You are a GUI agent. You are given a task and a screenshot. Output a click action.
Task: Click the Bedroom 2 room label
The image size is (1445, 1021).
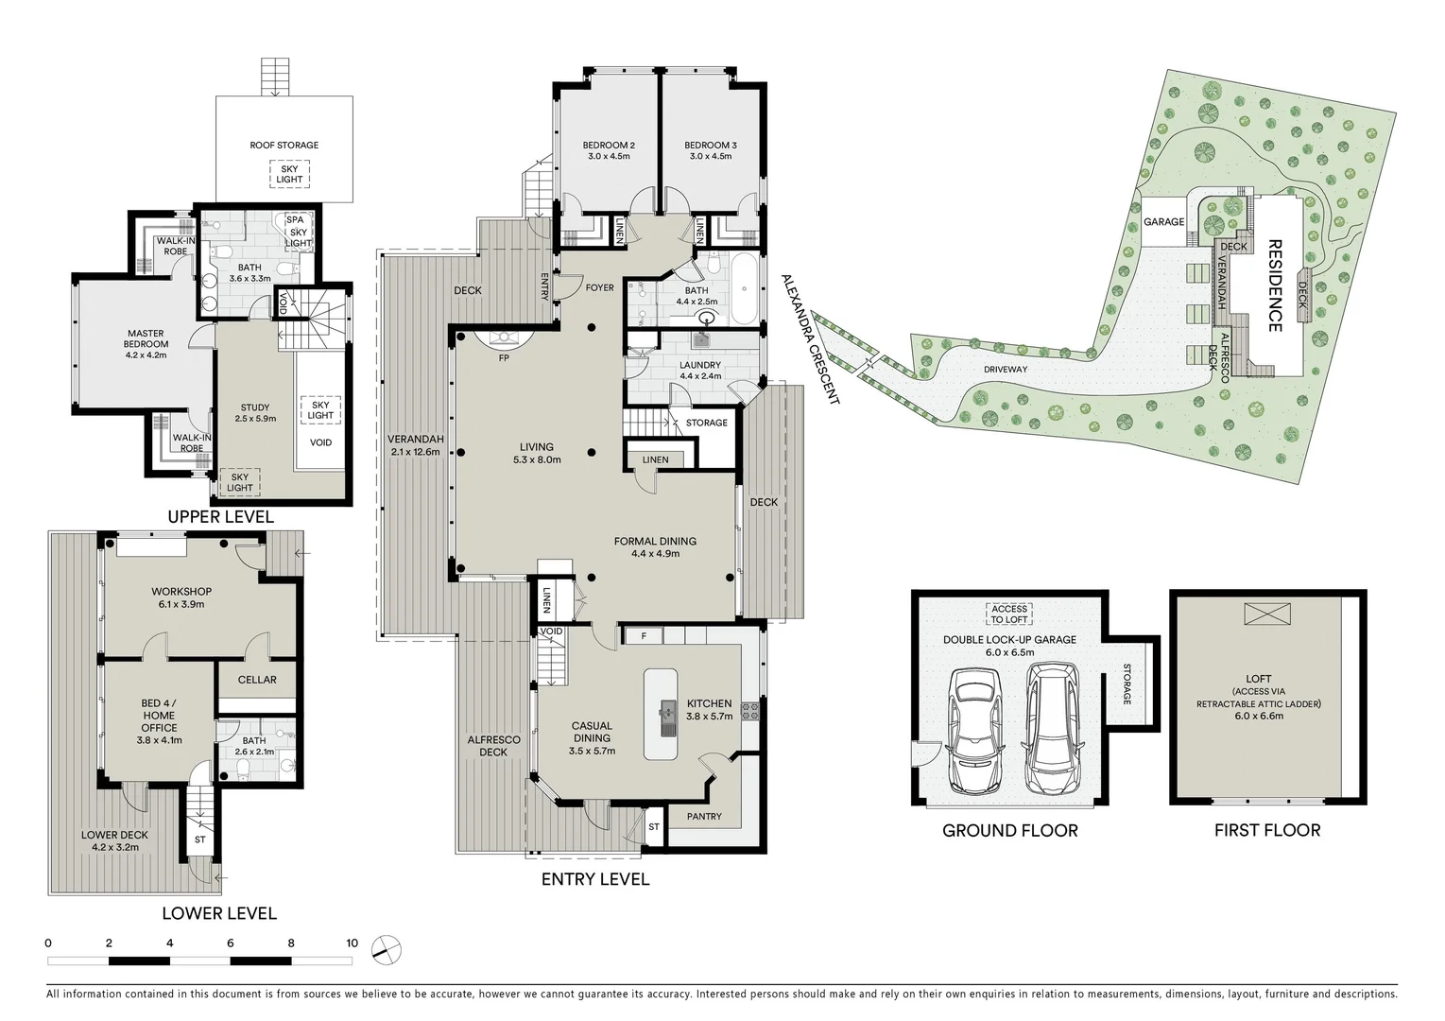point(609,146)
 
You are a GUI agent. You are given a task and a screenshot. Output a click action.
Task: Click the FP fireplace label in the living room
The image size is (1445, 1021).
point(504,358)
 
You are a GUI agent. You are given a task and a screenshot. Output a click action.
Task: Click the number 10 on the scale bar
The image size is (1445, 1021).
point(352,943)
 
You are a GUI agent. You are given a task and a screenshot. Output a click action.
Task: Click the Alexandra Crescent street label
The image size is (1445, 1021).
point(810,340)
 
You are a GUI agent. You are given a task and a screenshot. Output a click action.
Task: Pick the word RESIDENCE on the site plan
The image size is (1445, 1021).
point(1274,285)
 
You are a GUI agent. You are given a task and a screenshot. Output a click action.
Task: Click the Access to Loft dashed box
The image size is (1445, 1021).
point(1009,614)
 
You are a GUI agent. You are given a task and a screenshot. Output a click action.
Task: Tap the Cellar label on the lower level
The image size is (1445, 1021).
point(257,680)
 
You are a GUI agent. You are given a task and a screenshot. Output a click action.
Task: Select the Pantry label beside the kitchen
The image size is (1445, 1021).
point(704,817)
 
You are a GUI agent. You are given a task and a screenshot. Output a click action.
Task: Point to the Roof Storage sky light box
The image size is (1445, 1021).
point(289,175)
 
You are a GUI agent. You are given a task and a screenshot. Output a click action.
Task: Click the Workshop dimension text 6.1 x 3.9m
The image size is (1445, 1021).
point(181,604)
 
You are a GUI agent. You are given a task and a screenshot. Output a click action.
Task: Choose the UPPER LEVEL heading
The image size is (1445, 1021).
point(220,517)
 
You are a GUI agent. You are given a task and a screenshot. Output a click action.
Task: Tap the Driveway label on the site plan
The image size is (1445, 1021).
point(1005,370)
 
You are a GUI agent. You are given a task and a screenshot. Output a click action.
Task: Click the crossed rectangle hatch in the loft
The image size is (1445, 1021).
point(1259,614)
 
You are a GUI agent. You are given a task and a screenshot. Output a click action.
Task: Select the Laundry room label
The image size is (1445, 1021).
point(699,365)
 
